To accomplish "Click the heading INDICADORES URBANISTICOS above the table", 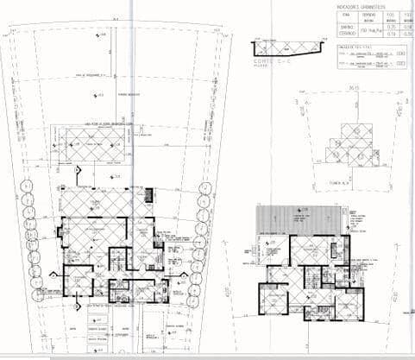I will pos(360,5).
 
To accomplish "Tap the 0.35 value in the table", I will pos(389,27).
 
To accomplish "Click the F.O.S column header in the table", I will pos(389,15).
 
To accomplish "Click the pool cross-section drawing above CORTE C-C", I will pos(285,50).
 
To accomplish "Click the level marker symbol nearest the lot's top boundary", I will pos(101,35).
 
